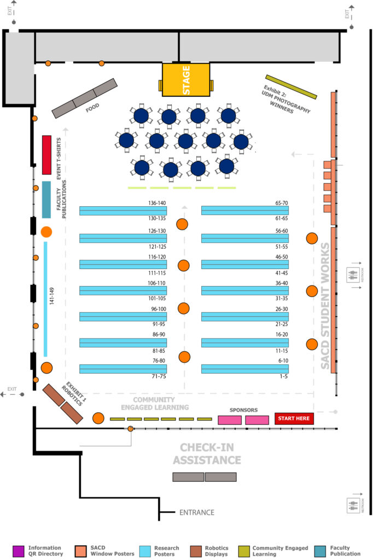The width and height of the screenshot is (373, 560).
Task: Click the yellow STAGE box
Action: (x=186, y=80)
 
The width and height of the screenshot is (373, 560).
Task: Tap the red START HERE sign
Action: (x=294, y=419)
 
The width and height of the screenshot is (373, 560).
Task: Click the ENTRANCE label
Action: (x=197, y=512)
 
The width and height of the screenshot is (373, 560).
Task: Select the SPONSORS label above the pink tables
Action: (x=243, y=410)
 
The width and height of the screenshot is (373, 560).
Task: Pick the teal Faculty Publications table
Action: (x=46, y=200)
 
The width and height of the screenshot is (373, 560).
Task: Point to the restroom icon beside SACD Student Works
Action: (x=354, y=275)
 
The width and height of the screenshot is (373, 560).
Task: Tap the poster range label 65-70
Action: (x=282, y=203)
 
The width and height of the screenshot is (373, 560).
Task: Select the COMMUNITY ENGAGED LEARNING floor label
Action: (x=155, y=404)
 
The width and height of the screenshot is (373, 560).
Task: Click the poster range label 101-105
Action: (x=156, y=298)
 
